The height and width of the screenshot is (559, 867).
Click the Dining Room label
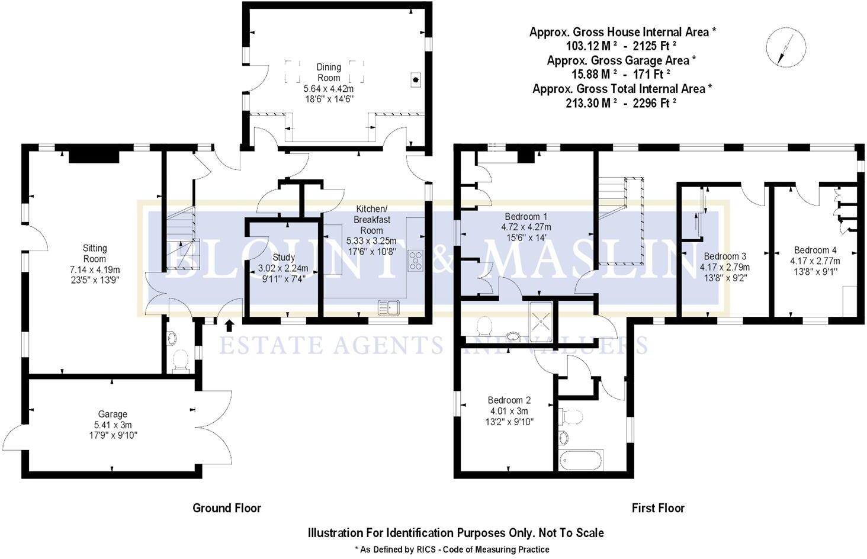(329, 72)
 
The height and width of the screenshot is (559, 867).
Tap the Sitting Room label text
(95, 253)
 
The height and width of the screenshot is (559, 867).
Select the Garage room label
(113, 415)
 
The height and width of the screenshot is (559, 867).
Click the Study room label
(284, 258)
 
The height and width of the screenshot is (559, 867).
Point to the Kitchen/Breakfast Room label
(371, 219)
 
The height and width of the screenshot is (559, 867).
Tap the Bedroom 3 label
(725, 256)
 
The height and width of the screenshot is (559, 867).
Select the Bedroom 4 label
(815, 250)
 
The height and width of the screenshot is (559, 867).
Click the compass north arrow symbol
(786, 49)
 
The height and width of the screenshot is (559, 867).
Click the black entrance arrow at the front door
(230, 324)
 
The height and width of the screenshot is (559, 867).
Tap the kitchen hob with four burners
(416, 261)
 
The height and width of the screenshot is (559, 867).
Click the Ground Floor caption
(227, 508)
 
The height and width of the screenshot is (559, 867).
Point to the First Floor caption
(658, 508)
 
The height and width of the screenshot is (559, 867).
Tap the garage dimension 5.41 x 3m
(113, 425)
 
